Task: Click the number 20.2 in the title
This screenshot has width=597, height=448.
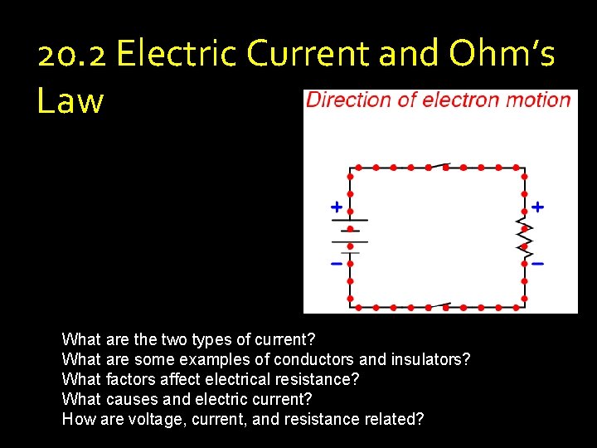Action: click(72, 55)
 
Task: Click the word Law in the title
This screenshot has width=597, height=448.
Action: click(70, 100)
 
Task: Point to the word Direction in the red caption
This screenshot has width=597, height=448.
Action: click(348, 100)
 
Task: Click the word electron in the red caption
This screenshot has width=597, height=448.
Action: click(463, 100)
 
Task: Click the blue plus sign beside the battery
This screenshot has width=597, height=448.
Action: click(336, 206)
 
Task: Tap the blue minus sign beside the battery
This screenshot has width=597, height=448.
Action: click(336, 264)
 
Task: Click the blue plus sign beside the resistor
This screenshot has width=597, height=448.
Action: click(538, 206)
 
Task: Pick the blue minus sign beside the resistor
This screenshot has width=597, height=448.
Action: click(538, 264)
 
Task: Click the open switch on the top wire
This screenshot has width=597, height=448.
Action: click(437, 166)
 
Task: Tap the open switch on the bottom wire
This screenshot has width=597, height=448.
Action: click(437, 305)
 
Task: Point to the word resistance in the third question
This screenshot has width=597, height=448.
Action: click(320, 379)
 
